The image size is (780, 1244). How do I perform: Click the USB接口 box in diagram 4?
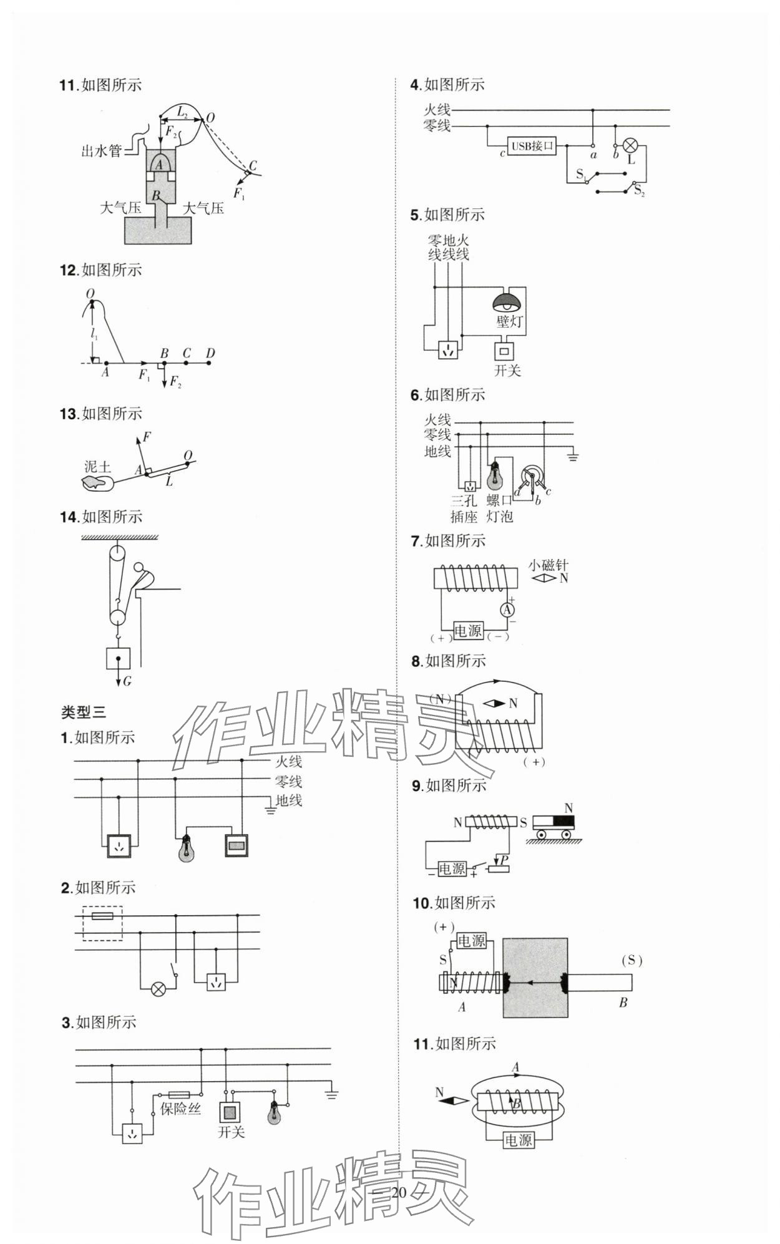tap(532, 147)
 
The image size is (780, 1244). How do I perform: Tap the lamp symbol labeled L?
tap(631, 147)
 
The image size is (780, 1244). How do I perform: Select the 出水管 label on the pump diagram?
tap(101, 150)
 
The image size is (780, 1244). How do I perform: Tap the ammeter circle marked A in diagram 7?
tap(508, 610)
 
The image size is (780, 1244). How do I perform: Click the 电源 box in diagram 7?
tap(468, 631)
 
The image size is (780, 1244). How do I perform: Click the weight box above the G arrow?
tap(118, 658)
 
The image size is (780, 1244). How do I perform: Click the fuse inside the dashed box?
tap(102, 916)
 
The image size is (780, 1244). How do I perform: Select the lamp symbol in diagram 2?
tap(158, 989)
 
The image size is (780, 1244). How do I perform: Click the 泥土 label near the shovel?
tap(97, 467)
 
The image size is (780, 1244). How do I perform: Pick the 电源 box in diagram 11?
tap(518, 1140)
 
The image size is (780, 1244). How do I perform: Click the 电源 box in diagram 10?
tap(471, 941)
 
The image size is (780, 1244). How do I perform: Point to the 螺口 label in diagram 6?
tap(499, 500)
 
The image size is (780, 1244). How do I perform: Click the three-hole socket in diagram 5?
tap(448, 351)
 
